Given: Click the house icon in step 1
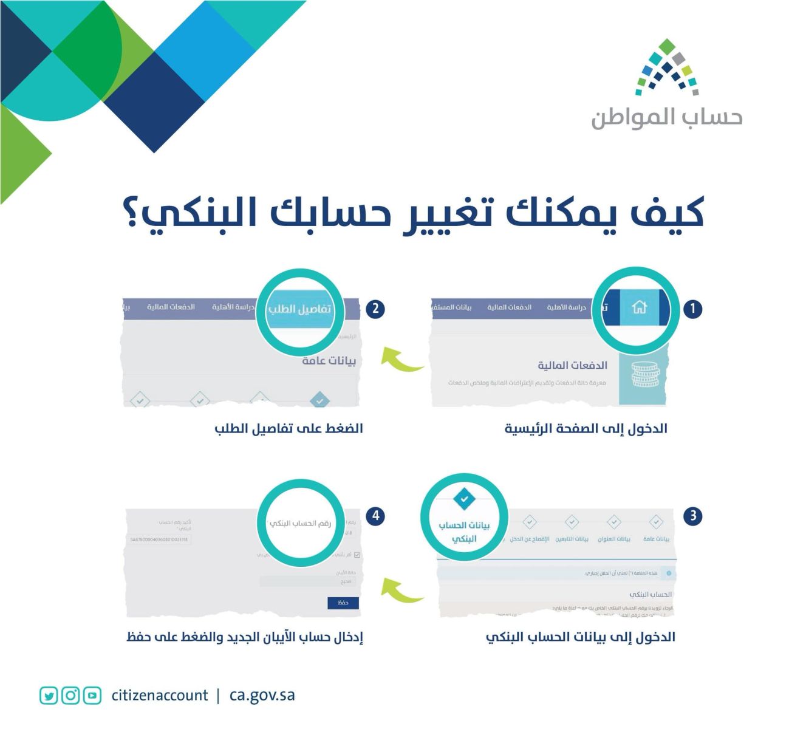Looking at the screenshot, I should tap(639, 307).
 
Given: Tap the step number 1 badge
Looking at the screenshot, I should tap(692, 309).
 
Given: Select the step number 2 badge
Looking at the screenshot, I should tap(375, 309).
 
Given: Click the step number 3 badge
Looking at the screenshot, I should tap(692, 516).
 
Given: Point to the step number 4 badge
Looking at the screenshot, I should tap(375, 516).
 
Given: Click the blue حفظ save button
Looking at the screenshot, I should tap(343, 603).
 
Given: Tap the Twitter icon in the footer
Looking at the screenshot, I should tap(49, 696).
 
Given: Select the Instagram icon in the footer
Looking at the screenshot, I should tap(70, 696).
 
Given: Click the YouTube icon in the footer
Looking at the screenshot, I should tap(92, 696).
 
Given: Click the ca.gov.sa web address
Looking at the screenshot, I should tap(262, 696).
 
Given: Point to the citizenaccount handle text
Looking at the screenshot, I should tap(159, 696).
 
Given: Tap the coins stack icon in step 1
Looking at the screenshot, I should tap(644, 375).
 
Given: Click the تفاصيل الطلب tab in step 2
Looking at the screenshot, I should tap(299, 309).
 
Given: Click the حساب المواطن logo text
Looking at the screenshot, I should tap(666, 118).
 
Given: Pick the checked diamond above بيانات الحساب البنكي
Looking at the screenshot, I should tap(465, 499).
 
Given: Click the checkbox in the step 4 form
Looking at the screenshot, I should tap(357, 555).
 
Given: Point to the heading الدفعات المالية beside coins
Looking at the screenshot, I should tap(572, 365).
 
